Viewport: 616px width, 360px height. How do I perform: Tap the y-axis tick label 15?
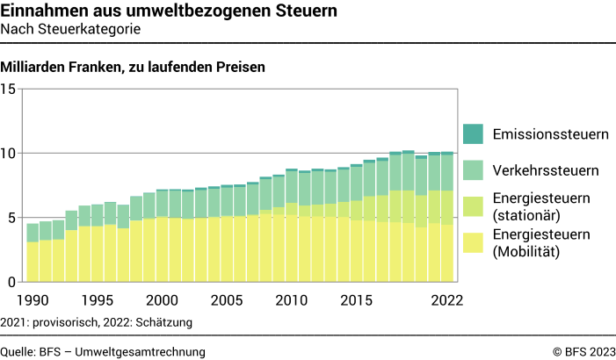[9, 89]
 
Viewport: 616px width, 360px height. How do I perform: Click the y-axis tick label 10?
[9, 154]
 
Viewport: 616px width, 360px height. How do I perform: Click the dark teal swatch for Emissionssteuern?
[474, 134]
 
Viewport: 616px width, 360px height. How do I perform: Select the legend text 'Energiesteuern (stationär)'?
[540, 205]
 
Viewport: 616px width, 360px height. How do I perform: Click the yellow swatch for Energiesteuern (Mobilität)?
[474, 241]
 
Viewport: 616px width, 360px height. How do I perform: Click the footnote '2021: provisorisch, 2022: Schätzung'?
[97, 322]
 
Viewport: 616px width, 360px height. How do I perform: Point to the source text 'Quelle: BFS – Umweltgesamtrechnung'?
[103, 351]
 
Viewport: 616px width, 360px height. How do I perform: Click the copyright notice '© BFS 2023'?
[584, 351]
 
